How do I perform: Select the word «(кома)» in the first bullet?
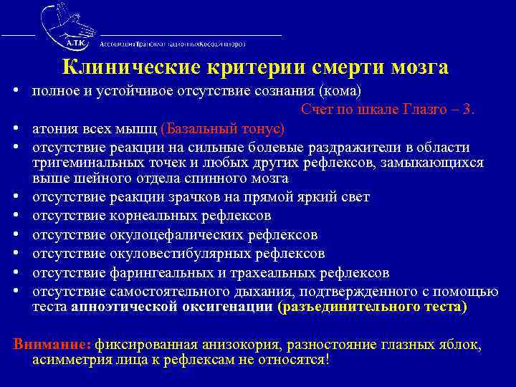[x=340, y=92]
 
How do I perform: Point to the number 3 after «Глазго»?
[x=469, y=110]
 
